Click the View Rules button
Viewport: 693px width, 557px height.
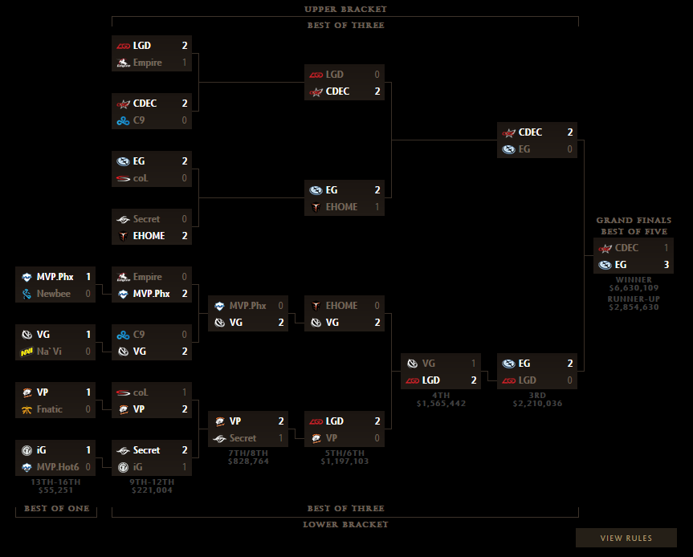coord(626,538)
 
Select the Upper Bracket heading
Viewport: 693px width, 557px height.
coord(345,10)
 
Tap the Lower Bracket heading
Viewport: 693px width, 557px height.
coord(345,525)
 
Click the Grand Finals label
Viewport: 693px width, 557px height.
coord(634,221)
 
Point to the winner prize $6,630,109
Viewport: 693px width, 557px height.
coord(634,288)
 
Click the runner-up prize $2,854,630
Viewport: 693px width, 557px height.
coord(634,307)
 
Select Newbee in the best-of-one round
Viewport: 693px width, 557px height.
coord(54,294)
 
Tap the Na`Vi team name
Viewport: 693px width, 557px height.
coord(51,352)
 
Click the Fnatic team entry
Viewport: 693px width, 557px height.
coord(52,409)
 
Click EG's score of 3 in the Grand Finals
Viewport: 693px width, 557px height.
coord(666,265)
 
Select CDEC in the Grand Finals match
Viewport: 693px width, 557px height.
coord(626,248)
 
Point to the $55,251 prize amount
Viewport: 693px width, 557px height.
coord(55,490)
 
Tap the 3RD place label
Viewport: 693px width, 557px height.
coord(537,395)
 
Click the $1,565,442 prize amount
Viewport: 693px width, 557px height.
coord(441,404)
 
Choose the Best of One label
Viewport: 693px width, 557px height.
coord(56,509)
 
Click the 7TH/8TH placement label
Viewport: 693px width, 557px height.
coord(248,453)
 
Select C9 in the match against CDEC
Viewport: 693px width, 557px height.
coord(140,120)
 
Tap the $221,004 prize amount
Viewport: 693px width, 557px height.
coord(152,490)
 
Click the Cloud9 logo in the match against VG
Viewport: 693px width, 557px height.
coord(123,335)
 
